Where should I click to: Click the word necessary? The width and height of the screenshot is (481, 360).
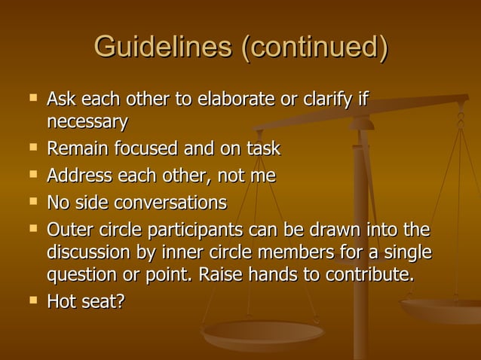[87, 121]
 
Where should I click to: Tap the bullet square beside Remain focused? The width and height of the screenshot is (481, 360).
[32, 148]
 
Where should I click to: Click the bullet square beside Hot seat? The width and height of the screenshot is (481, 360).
[32, 301]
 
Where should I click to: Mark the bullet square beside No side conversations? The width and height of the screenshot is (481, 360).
[32, 201]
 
